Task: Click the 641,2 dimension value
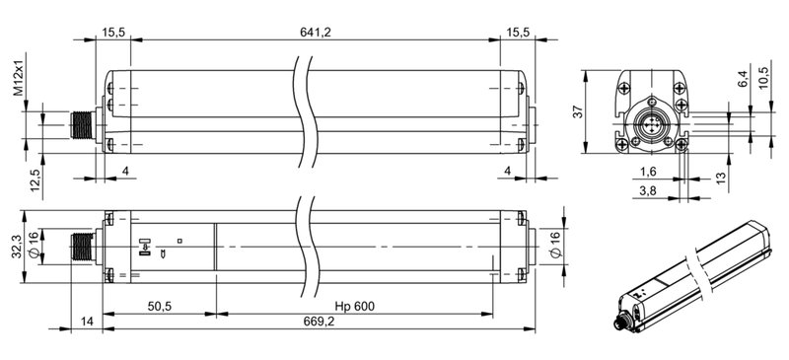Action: [317, 33]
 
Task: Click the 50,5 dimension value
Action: [159, 307]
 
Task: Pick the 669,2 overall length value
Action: [317, 324]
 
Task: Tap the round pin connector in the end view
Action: [653, 127]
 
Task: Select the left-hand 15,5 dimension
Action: [114, 33]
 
